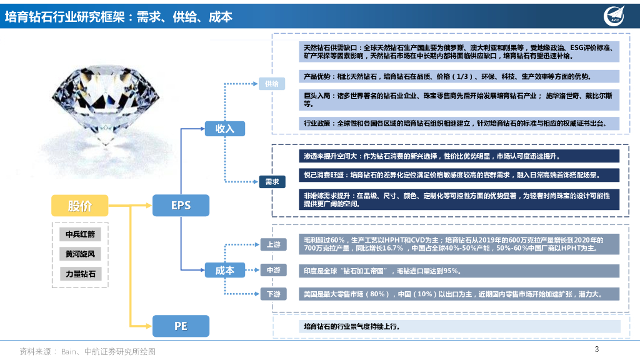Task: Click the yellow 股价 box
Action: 79,205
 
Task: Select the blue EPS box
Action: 181,205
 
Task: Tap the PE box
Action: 181,326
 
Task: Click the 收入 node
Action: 224,129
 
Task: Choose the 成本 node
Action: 224,270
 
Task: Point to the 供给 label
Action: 272,83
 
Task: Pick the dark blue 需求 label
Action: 272,182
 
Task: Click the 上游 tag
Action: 273,244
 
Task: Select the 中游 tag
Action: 273,270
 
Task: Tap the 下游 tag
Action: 273,294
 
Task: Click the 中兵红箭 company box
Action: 79,234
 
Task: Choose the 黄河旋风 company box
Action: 79,254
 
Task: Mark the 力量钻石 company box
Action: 79,274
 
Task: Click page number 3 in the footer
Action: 596,349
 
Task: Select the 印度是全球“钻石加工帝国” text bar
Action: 459,271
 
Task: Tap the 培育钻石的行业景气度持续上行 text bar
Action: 459,326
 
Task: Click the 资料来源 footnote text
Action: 87,351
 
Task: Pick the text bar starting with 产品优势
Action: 459,77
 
